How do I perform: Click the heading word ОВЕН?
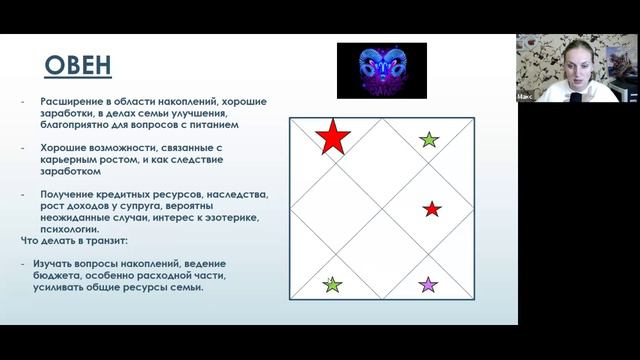(79, 67)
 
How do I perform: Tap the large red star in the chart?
(331, 137)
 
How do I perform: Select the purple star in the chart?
(428, 285)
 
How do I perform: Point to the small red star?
(432, 209)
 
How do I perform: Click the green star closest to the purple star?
(332, 285)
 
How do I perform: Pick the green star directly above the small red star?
(429, 140)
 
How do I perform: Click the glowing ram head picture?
(381, 70)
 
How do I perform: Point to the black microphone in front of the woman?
(577, 98)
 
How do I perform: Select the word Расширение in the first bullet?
(72, 102)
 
